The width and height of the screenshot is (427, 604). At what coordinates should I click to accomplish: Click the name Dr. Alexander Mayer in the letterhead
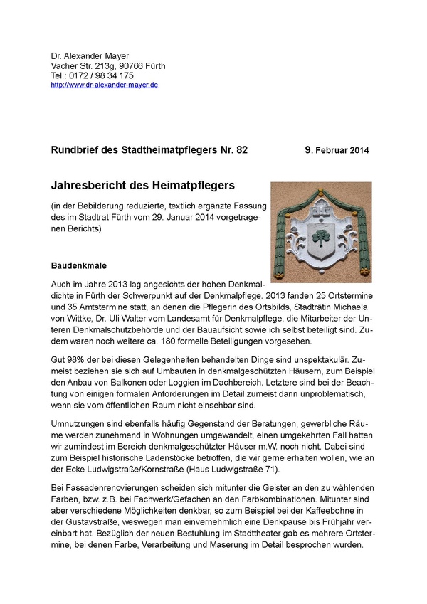[90, 56]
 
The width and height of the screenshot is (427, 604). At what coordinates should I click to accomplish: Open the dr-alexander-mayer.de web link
[105, 85]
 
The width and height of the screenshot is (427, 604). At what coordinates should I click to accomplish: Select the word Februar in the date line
[333, 151]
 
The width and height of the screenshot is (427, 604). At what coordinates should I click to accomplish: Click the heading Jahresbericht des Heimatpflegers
[143, 186]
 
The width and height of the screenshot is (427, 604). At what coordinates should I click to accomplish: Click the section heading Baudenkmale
[79, 265]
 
